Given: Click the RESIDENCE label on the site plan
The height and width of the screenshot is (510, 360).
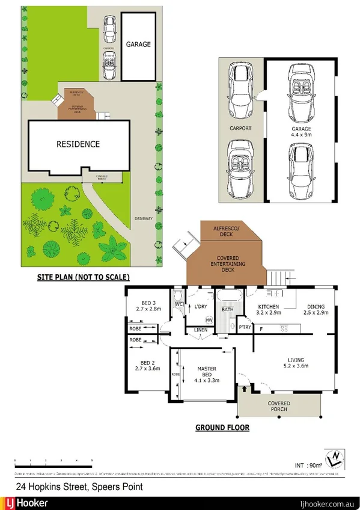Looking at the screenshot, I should (x=78, y=144).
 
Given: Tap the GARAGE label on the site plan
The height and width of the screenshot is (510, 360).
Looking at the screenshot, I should (x=138, y=45).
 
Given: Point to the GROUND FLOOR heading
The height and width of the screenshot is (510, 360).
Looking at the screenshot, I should (x=222, y=428).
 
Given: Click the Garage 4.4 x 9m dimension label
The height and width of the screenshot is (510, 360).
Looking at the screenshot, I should (x=301, y=132).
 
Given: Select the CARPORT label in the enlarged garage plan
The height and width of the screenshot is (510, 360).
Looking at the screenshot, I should (x=240, y=129).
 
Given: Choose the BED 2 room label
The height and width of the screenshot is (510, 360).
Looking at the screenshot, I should (x=147, y=366).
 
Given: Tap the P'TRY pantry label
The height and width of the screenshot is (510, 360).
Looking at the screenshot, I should (x=245, y=328).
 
